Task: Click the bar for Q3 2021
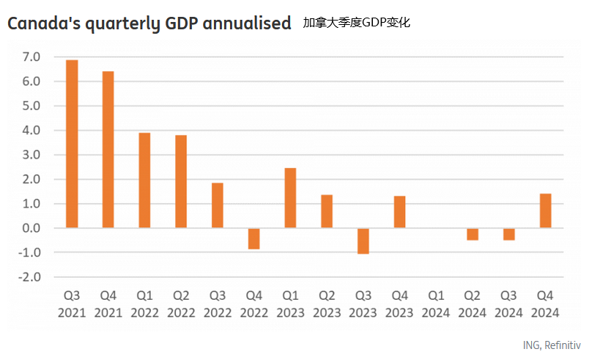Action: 72,144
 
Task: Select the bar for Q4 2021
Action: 108,150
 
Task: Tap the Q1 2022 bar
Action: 145,180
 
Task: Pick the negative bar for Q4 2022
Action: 254,239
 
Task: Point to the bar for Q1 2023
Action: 291,198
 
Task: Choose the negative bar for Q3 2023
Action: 363,241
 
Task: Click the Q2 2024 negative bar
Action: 473,235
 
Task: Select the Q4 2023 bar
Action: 399,212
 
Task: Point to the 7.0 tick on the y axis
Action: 32,57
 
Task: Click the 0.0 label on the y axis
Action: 32,228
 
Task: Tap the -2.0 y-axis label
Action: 30,277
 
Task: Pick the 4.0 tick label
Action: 32,131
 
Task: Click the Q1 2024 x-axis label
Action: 436,304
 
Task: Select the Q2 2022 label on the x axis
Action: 181,304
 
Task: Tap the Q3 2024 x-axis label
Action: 508,304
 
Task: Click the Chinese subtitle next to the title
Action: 356,23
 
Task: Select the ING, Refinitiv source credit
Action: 552,345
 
